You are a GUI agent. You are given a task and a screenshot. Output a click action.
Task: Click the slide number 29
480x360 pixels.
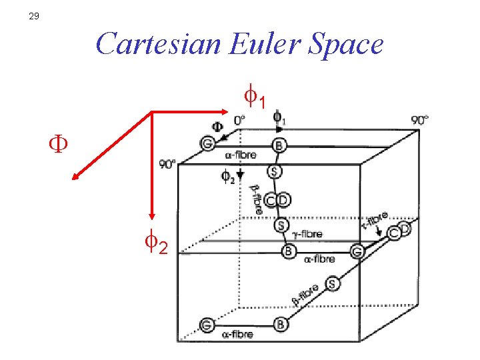pos(34,17)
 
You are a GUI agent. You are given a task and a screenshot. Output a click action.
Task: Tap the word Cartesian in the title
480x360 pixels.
pos(157,44)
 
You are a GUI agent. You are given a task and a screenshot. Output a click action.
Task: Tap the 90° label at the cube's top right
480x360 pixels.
pos(420,121)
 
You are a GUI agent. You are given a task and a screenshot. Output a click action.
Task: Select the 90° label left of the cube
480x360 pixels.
pos(167,164)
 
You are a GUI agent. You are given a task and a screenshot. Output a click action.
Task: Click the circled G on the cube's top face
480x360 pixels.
pos(207,143)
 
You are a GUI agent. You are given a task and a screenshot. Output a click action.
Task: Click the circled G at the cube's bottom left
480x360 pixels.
pos(207,325)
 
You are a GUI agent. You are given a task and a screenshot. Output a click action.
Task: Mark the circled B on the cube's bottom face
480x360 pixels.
pos(281,325)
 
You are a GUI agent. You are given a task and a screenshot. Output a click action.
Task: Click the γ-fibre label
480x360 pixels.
pos(307,234)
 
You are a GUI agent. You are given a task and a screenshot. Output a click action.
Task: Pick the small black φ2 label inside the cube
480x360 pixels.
pos(227,177)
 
